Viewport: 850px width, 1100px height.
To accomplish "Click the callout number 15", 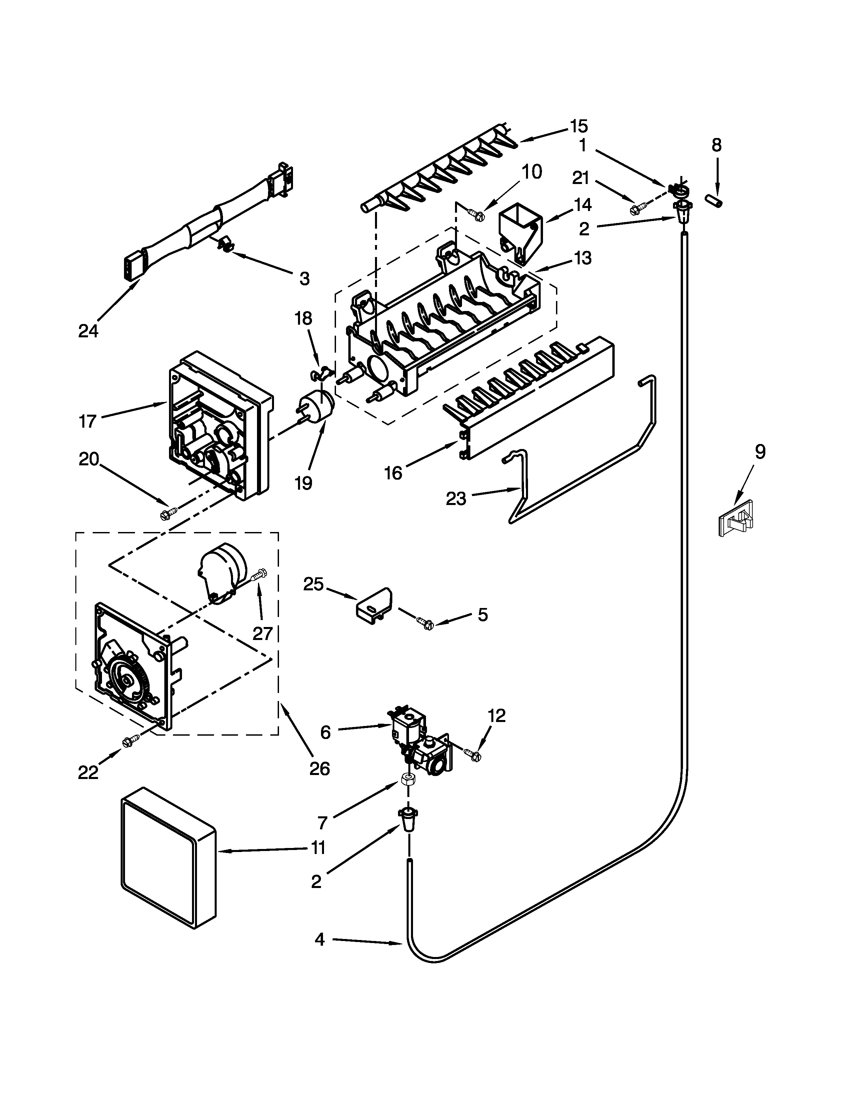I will [x=579, y=126].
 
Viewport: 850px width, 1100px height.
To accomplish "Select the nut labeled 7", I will [x=407, y=781].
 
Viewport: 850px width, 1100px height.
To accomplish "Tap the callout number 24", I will [x=88, y=331].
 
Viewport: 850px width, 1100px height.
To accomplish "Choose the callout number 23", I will [x=456, y=499].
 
